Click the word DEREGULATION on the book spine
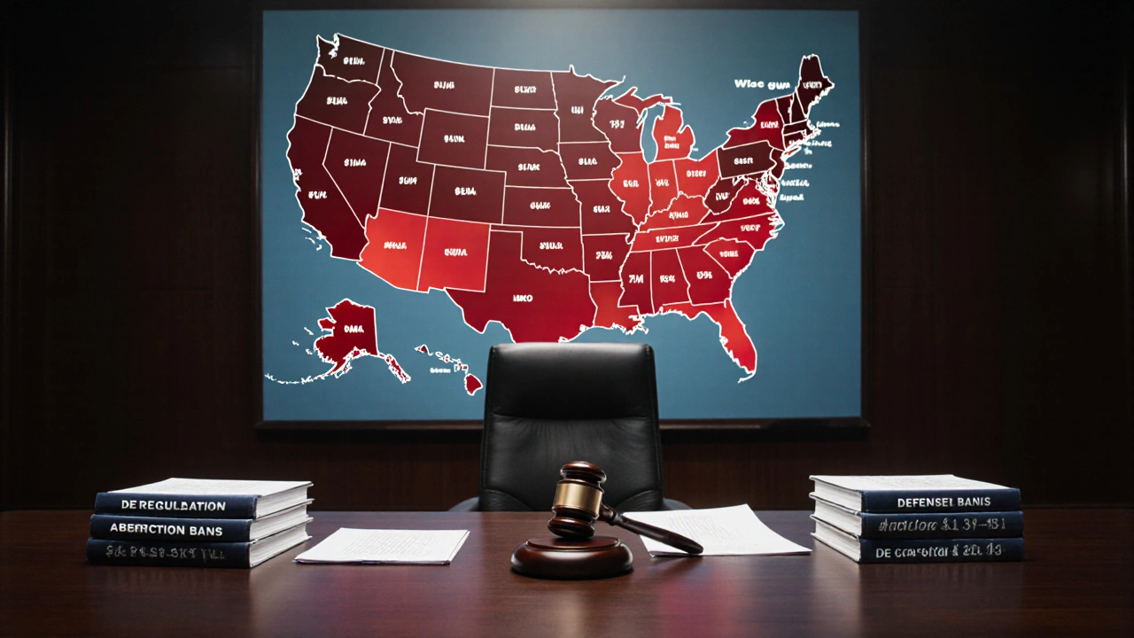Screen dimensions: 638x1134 coord(173,505)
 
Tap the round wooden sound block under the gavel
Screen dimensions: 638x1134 coord(571,557)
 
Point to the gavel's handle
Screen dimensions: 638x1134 coord(656,531)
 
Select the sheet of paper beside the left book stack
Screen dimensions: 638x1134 coord(383,544)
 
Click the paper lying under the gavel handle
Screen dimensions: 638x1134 coord(726,530)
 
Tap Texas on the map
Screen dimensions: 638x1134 coord(523,297)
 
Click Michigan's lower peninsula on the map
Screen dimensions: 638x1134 coord(673,137)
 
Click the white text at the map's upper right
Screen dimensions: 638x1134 coord(759,84)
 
